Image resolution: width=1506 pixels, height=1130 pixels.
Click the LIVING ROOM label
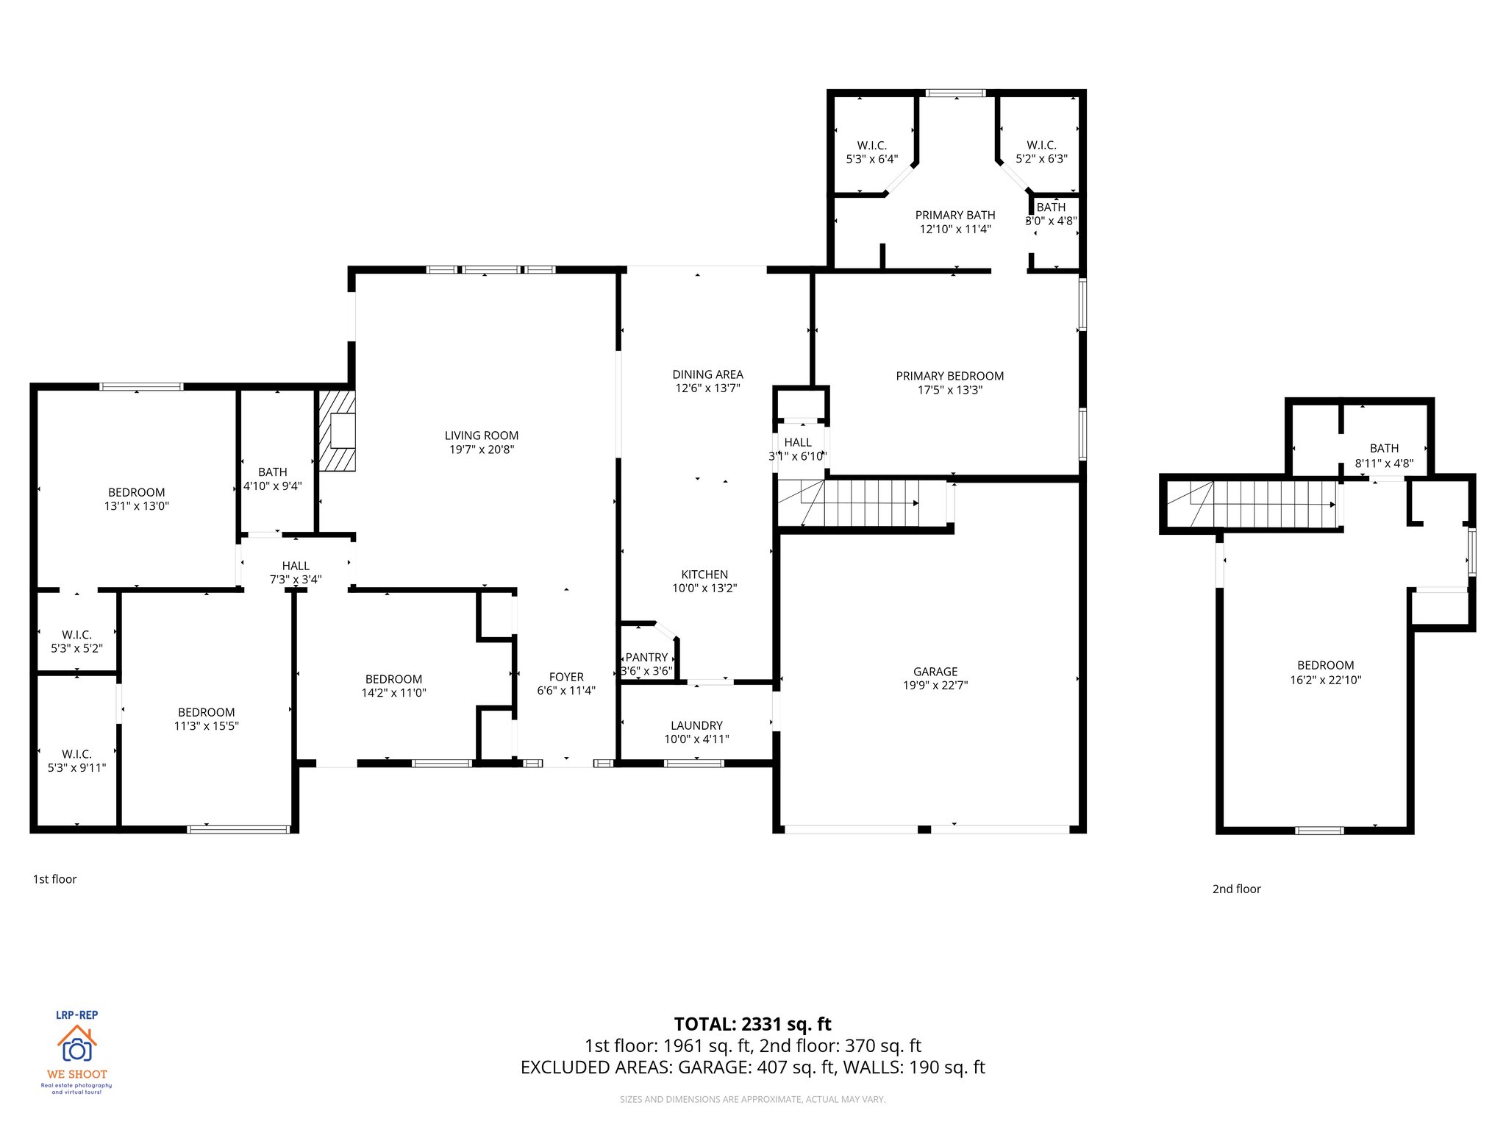(x=481, y=436)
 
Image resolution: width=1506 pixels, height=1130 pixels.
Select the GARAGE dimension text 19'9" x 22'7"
(x=935, y=686)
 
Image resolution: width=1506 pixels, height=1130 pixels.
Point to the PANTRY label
(x=646, y=657)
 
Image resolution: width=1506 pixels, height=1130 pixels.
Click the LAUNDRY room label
(x=696, y=725)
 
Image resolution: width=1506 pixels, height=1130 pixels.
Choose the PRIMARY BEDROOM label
(x=949, y=376)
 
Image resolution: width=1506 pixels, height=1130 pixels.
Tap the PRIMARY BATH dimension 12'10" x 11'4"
(x=955, y=229)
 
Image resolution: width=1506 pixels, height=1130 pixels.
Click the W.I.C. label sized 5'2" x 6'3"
(x=1041, y=146)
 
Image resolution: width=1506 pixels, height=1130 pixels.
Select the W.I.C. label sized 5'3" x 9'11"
(x=76, y=754)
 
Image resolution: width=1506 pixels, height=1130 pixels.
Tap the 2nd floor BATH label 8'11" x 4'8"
(x=1384, y=448)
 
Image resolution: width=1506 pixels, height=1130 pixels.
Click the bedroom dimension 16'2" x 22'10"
(x=1325, y=680)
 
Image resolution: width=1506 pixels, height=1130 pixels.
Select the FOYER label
(x=566, y=677)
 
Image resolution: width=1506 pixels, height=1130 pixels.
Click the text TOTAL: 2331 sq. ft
(x=752, y=1024)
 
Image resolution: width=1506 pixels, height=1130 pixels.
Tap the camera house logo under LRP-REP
(x=76, y=1045)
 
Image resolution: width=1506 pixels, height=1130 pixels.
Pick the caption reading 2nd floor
(x=1236, y=889)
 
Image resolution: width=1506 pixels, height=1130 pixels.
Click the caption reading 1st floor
(x=54, y=879)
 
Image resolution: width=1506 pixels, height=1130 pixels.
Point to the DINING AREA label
(x=707, y=374)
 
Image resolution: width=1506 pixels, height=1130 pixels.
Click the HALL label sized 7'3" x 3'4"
(x=296, y=566)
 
